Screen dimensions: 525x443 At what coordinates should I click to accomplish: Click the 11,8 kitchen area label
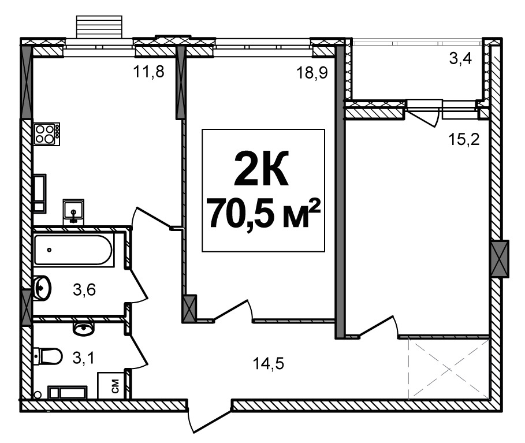click(x=148, y=72)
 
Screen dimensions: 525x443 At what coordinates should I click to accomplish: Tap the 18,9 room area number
click(x=312, y=73)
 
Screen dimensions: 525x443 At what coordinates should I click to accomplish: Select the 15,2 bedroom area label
click(x=464, y=139)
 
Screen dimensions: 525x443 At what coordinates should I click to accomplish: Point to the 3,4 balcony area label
click(x=460, y=58)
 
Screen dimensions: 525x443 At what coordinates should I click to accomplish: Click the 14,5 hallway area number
click(x=268, y=363)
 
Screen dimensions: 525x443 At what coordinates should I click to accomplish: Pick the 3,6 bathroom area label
click(x=84, y=289)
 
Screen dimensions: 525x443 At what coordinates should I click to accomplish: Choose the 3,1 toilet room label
click(x=83, y=358)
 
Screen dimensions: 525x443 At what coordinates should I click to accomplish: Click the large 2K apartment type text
click(x=261, y=168)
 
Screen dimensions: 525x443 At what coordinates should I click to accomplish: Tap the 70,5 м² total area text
click(x=263, y=213)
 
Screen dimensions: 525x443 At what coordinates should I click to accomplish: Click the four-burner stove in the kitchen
click(x=47, y=134)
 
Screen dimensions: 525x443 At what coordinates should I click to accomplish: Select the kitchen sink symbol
click(x=73, y=211)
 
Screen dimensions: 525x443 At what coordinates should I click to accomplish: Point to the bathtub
click(x=73, y=250)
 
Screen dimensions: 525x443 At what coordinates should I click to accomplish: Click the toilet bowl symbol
click(x=48, y=356)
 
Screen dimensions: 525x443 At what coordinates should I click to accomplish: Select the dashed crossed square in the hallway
click(x=449, y=368)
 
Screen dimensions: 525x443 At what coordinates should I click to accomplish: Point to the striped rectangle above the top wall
click(x=99, y=27)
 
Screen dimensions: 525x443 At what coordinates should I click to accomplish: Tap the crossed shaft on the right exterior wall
click(x=500, y=259)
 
